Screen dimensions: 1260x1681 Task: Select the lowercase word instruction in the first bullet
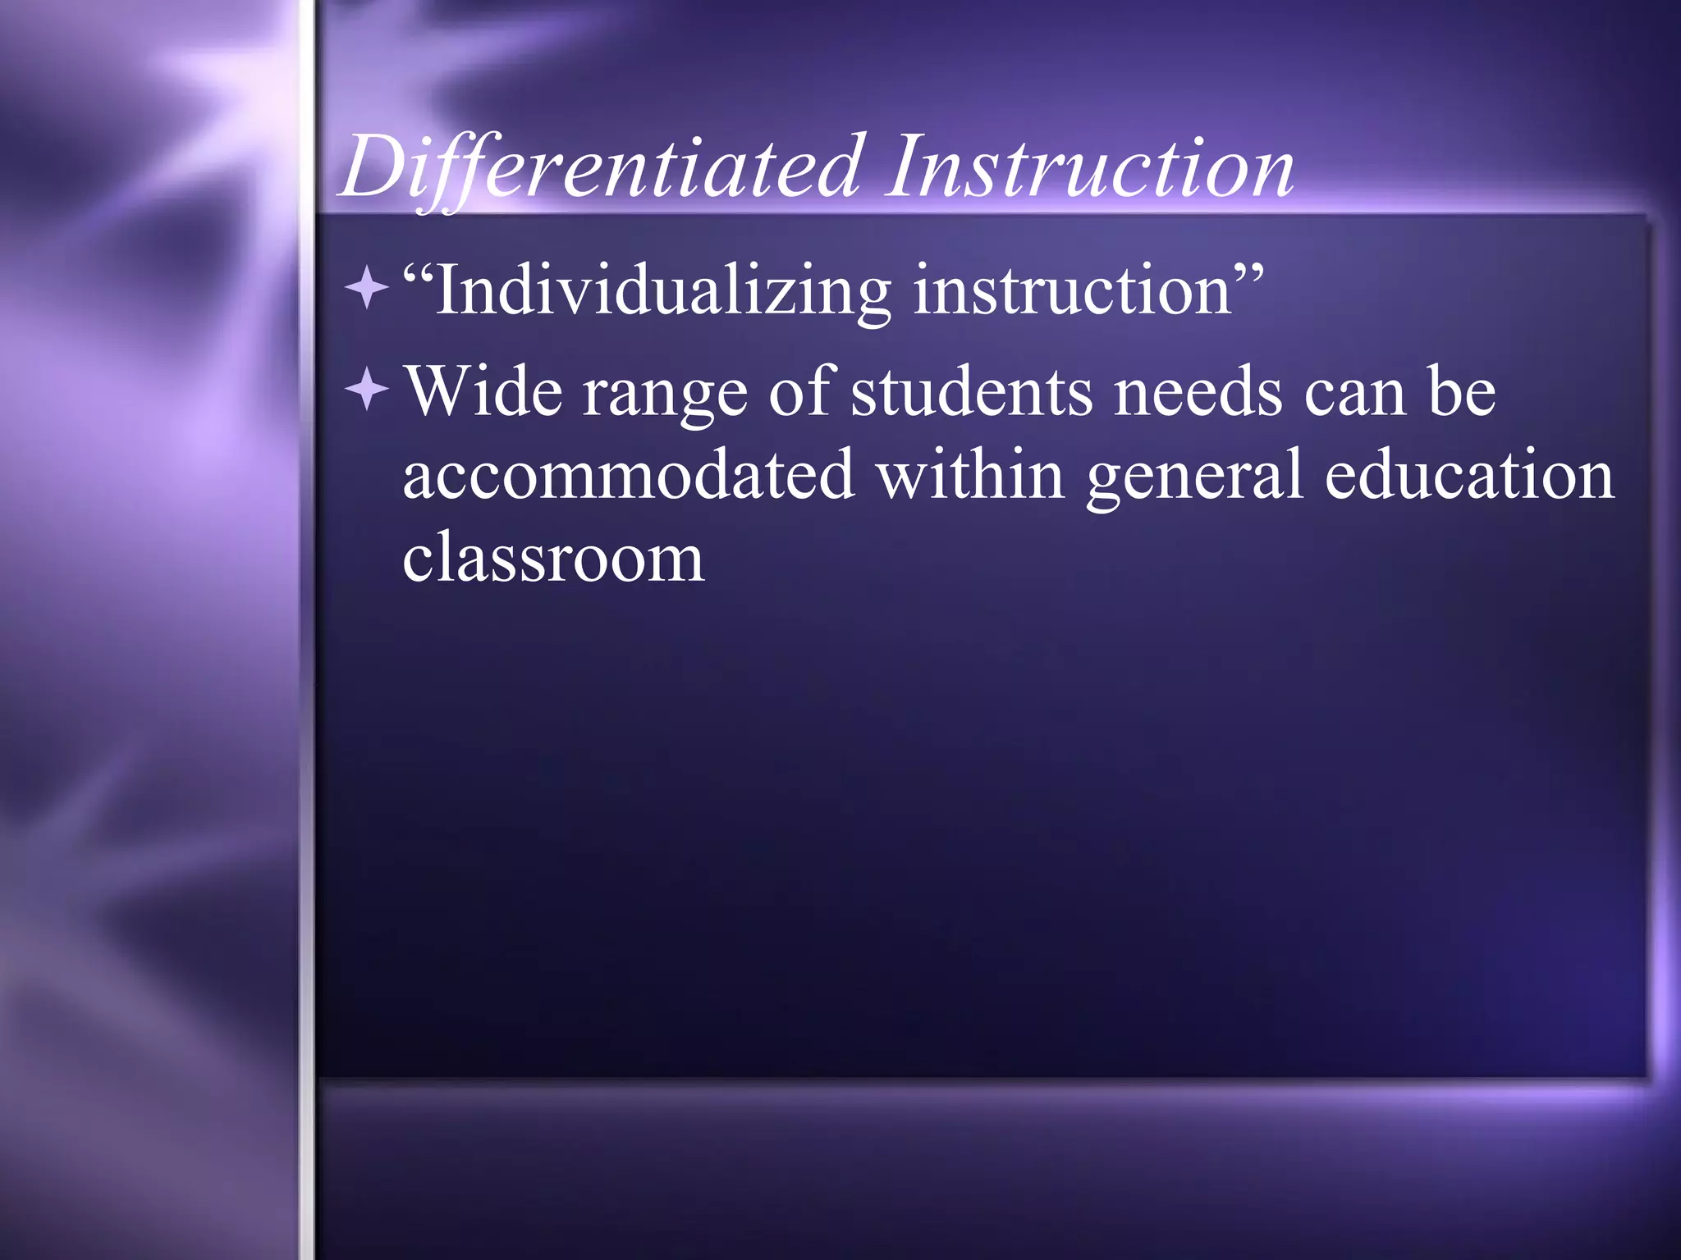(x=1072, y=291)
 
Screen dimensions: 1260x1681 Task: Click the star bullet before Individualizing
(x=367, y=289)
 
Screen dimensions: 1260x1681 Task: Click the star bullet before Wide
(x=367, y=390)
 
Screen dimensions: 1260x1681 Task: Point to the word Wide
(x=484, y=392)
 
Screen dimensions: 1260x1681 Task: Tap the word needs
(x=1198, y=392)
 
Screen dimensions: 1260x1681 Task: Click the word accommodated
(x=628, y=476)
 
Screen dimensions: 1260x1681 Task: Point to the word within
(x=970, y=476)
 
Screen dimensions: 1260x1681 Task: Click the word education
(x=1469, y=476)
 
